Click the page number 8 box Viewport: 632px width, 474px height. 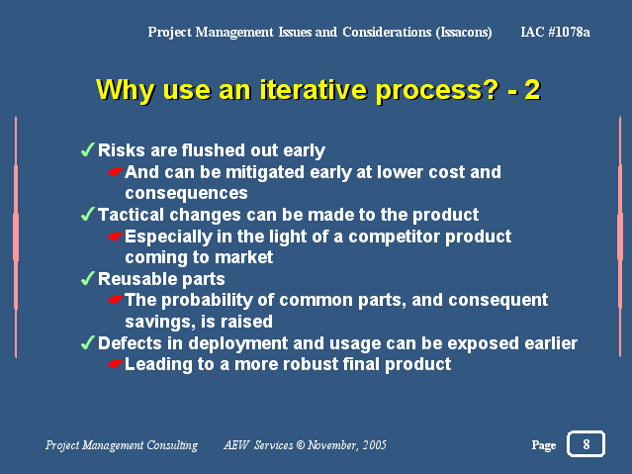586,443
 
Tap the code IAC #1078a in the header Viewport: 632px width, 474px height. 555,32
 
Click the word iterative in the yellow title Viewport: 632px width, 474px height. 314,89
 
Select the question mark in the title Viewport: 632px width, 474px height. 491,89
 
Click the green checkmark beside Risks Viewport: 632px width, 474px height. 87,149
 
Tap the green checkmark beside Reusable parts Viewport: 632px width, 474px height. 87,278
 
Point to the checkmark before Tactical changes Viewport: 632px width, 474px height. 87,214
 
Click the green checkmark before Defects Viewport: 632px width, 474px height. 87,343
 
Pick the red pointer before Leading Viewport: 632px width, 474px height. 116,364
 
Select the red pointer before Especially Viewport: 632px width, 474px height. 116,237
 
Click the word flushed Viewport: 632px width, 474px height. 213,150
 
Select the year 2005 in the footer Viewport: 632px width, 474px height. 374,445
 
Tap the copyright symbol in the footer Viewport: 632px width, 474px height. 301,445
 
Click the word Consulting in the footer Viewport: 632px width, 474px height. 172,445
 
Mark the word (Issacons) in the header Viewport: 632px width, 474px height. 464,33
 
